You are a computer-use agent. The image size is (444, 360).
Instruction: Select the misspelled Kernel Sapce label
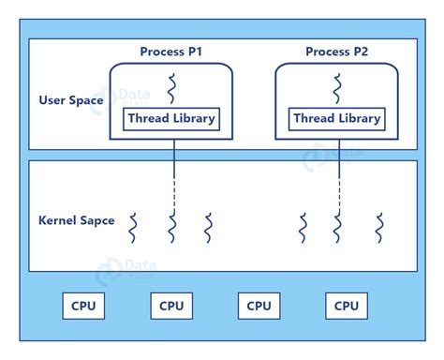coord(77,220)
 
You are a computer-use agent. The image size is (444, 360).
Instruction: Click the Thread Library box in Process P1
coord(172,119)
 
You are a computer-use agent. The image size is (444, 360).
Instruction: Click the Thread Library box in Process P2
coord(337,119)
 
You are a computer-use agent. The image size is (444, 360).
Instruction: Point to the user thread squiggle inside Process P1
coord(171,88)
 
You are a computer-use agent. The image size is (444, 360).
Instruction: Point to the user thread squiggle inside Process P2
coord(337,88)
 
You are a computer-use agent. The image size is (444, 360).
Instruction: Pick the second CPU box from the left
coord(171,306)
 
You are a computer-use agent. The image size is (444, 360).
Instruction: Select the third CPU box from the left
coord(259,306)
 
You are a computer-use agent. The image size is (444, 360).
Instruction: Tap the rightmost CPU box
coord(347,306)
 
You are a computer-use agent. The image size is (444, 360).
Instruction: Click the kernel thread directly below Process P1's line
coord(172,228)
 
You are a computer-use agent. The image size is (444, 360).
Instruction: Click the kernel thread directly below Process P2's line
coord(338,228)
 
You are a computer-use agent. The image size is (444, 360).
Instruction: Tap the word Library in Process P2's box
coord(359,119)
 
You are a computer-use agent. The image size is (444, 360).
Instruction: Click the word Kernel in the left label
coord(58,220)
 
